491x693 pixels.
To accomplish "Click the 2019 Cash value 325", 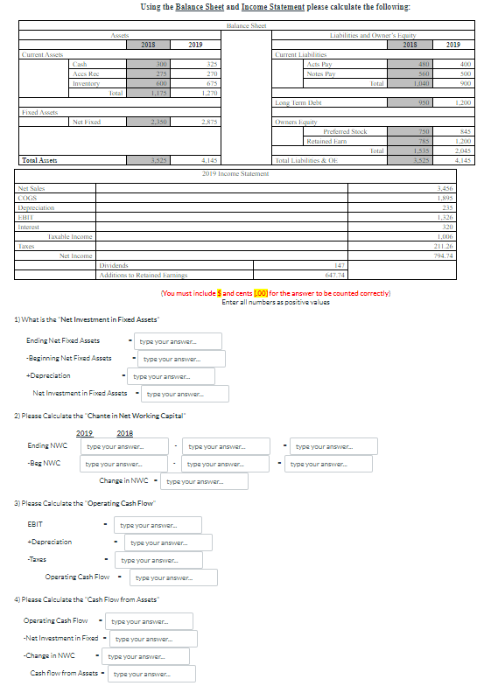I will coord(211,64).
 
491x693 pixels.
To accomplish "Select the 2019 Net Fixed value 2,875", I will coord(211,122).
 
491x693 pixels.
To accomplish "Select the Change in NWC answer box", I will coord(206,481).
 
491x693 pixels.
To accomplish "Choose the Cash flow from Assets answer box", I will coord(154,674).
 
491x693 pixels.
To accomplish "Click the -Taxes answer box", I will coord(161,559).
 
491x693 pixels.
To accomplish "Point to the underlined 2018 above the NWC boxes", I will coord(124,433).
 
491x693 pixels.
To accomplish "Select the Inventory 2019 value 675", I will coord(211,83).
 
